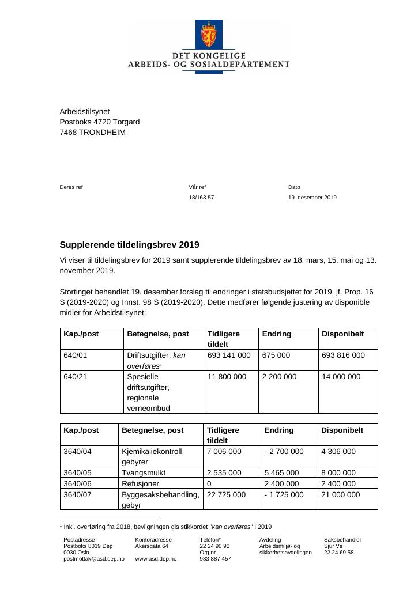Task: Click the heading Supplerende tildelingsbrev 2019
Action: [130, 245]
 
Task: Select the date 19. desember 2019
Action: [312, 198]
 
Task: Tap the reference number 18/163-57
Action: [201, 198]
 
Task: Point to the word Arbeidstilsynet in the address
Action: [84, 111]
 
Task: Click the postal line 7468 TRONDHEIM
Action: [92, 132]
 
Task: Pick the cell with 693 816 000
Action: [343, 355]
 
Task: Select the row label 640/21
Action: [75, 377]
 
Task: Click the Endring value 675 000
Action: [276, 355]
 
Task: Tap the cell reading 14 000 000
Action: [341, 377]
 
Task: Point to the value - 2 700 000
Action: [284, 452]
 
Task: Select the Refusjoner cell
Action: [140, 484]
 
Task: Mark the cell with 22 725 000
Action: [226, 495]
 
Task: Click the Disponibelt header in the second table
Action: [342, 430]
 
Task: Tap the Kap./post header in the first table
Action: [81, 334]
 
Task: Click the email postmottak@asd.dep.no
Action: [94, 559]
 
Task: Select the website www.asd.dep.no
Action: [156, 559]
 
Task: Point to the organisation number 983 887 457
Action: [215, 559]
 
